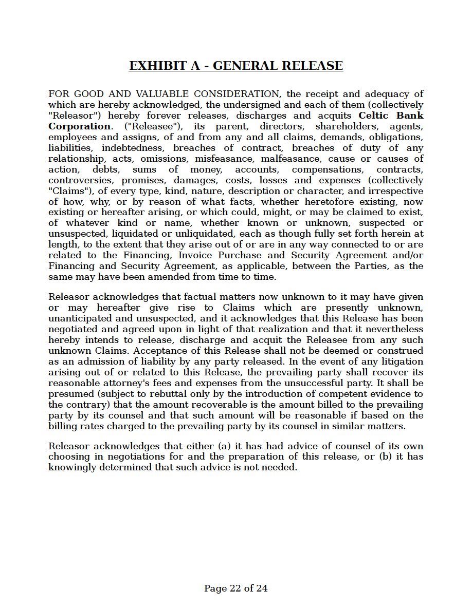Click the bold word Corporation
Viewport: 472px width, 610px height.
click(x=79, y=126)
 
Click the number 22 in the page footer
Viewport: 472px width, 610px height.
click(x=234, y=588)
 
